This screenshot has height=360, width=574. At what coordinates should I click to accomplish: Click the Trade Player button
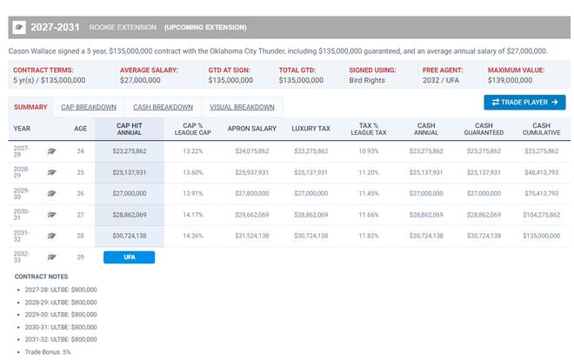click(524, 103)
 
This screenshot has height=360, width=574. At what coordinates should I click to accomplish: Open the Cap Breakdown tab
click(89, 107)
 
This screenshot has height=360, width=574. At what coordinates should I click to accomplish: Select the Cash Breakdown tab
click(163, 107)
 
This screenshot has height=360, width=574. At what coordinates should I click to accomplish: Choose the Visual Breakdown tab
click(242, 107)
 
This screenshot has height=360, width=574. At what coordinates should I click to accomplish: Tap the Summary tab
click(30, 107)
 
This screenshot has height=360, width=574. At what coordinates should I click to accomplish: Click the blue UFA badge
click(130, 257)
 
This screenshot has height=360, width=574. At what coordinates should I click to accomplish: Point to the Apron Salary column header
click(252, 129)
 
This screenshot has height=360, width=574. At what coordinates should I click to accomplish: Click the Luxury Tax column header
click(310, 129)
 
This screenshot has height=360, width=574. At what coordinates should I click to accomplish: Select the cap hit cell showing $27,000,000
click(130, 194)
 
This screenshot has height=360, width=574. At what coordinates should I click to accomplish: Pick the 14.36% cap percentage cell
click(192, 236)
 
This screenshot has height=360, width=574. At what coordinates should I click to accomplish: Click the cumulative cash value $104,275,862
click(542, 215)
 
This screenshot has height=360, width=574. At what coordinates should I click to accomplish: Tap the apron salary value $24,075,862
click(252, 151)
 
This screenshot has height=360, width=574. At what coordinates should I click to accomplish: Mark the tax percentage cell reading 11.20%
click(369, 172)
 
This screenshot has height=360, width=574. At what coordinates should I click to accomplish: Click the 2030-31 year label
click(21, 215)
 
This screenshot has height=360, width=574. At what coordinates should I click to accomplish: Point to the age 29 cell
click(81, 257)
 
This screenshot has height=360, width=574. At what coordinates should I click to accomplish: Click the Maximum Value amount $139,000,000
click(510, 80)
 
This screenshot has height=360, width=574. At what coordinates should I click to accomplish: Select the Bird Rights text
click(367, 80)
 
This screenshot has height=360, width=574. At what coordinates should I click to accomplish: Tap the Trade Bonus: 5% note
click(48, 352)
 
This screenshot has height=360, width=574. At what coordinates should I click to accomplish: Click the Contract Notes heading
click(41, 277)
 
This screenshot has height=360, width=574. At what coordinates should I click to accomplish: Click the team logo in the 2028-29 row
click(51, 172)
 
